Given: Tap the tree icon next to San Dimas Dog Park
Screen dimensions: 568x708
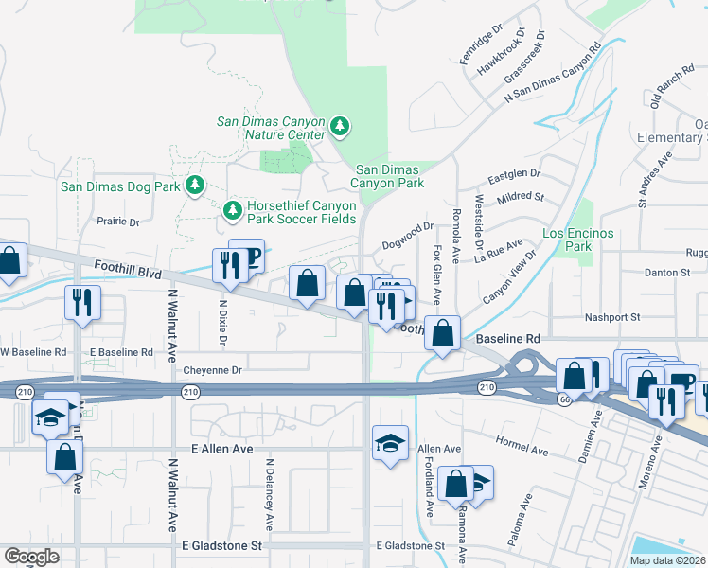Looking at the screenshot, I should (195, 185).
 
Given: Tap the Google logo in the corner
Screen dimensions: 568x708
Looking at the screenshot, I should (31, 557).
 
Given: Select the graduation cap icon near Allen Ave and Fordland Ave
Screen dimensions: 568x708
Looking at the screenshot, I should (389, 442).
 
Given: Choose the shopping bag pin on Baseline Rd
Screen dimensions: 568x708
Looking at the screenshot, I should (442, 332).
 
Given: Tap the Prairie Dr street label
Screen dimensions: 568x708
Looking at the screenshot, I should (118, 222).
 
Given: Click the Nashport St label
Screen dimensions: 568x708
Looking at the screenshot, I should (612, 317).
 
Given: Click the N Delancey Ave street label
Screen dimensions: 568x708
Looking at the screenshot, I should (270, 494).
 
